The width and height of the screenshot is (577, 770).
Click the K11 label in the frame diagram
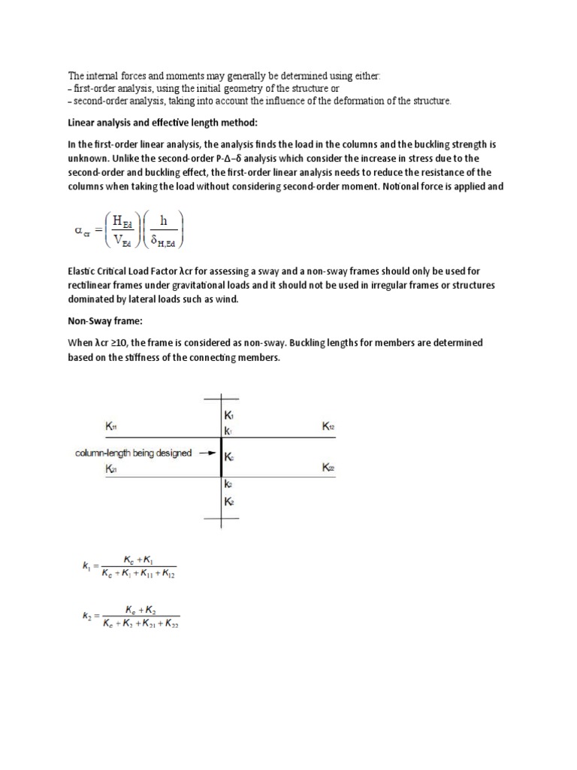(x=111, y=426)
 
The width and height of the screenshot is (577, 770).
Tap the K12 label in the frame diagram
(x=328, y=426)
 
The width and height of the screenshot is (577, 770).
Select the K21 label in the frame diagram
(x=111, y=468)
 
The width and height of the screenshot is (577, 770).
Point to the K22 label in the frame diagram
(x=328, y=468)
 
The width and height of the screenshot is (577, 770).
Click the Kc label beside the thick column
(x=229, y=456)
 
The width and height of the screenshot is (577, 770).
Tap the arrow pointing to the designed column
(x=207, y=453)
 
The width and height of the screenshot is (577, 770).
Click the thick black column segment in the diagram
(x=221, y=455)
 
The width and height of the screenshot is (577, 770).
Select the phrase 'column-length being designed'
(x=133, y=453)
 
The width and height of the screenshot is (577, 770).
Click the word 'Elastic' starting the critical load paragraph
(x=83, y=271)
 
